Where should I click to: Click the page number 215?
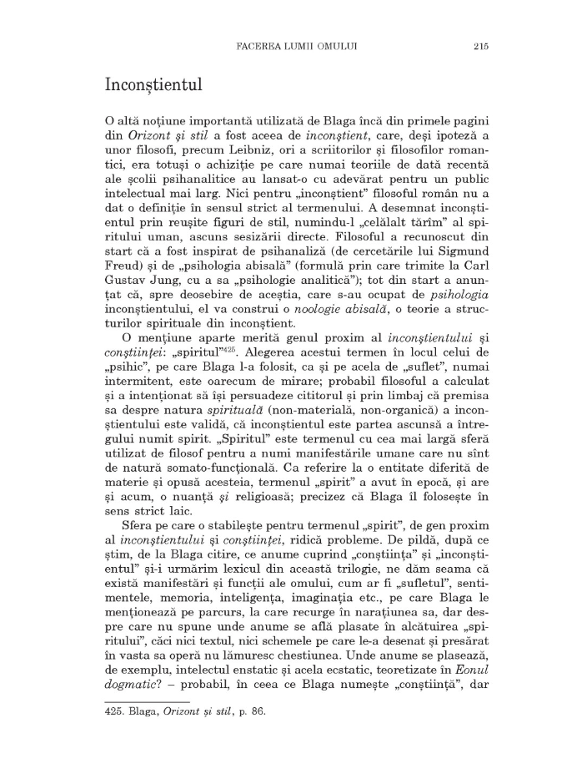tap(479, 47)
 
